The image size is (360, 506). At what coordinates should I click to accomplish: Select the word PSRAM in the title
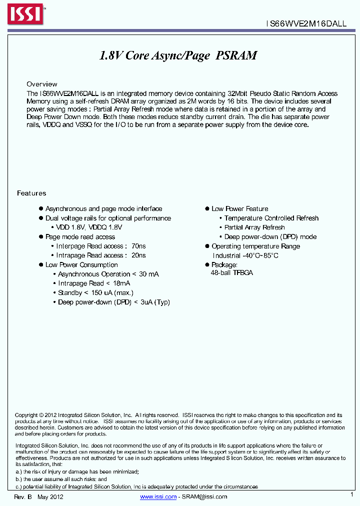tap(236, 56)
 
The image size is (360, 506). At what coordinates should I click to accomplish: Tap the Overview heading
tap(42, 84)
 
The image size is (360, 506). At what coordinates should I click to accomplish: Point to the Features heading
tap(31, 193)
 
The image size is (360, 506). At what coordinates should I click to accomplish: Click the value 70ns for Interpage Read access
tap(138, 246)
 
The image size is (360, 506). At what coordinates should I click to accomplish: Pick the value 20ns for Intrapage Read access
tap(138, 255)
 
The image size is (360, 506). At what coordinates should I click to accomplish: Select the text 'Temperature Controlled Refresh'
tap(271, 218)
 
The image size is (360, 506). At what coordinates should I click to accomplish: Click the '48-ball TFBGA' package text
tap(232, 273)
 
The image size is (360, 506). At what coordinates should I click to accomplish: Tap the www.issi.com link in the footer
tap(158, 496)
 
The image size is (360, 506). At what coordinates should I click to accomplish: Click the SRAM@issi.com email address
tap(204, 496)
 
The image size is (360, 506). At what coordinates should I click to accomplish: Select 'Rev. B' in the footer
tap(23, 497)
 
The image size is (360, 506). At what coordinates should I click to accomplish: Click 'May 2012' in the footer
tap(50, 497)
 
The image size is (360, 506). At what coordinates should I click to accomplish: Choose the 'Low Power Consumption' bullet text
tap(81, 264)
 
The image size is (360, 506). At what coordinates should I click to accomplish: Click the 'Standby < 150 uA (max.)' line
tap(95, 292)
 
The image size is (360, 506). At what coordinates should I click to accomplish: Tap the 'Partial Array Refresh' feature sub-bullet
tap(254, 227)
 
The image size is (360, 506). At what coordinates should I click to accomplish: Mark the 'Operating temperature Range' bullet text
tap(255, 246)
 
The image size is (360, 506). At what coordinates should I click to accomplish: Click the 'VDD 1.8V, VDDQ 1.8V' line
tap(89, 227)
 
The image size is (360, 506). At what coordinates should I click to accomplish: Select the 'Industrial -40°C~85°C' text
tap(245, 255)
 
